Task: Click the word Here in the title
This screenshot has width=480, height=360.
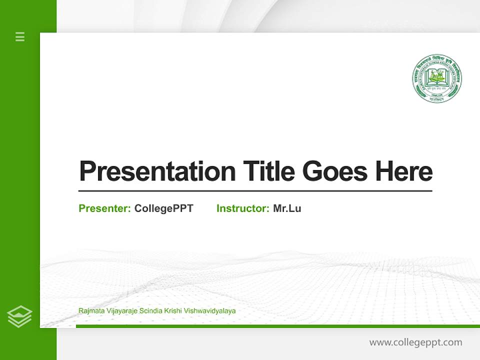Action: tap(403, 171)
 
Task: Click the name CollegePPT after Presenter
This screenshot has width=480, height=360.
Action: tap(163, 208)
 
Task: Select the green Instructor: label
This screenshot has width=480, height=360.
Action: tap(243, 208)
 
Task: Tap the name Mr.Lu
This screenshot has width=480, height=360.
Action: tap(287, 208)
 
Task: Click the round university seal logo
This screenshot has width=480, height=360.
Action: tap(437, 78)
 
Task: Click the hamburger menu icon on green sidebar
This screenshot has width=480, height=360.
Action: tap(20, 36)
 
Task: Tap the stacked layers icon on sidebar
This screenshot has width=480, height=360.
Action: tap(19, 316)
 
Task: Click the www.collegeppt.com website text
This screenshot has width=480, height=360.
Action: tap(415, 342)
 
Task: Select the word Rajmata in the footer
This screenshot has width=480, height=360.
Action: tap(90, 311)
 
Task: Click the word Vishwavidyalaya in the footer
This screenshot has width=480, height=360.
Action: tap(209, 311)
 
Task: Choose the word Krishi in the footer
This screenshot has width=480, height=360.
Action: tap(171, 311)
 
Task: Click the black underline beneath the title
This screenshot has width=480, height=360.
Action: tap(255, 191)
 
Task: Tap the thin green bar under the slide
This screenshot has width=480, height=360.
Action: tap(277, 326)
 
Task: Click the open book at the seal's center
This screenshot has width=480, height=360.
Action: tap(437, 78)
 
